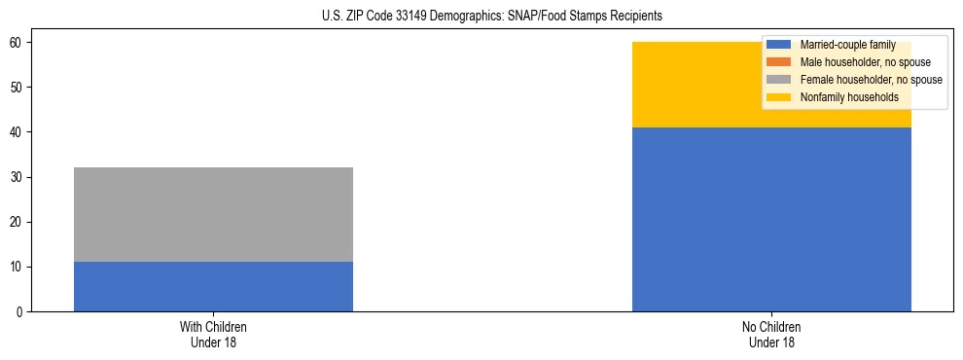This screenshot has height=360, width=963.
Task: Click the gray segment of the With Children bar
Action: [213, 214]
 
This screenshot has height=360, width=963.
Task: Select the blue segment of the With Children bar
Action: [213, 287]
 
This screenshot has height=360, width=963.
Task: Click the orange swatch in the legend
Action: [779, 62]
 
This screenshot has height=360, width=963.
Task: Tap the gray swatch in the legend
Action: [779, 80]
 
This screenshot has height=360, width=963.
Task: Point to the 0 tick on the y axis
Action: [19, 312]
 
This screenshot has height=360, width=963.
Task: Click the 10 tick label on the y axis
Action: [17, 268]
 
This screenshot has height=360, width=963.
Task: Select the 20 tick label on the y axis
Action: [17, 222]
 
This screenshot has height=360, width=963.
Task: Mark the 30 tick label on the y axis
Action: [17, 177]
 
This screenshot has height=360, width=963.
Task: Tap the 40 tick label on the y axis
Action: [17, 132]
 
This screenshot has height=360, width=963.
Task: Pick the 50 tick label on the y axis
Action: [17, 88]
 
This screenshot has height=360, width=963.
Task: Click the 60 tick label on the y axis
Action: [17, 43]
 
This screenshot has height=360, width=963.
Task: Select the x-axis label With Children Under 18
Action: [213, 335]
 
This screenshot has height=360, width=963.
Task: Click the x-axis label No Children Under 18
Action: [771, 335]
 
